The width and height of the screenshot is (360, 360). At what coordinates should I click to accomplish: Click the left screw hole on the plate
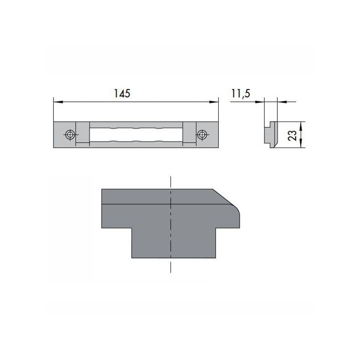point(70,135)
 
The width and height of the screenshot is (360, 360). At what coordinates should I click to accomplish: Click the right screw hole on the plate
point(202,135)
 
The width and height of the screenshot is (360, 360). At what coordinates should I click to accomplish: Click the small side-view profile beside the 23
point(270,134)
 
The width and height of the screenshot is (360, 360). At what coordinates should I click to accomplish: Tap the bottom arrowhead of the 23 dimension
point(300,144)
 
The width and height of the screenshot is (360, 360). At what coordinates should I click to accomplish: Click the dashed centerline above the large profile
point(171,182)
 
